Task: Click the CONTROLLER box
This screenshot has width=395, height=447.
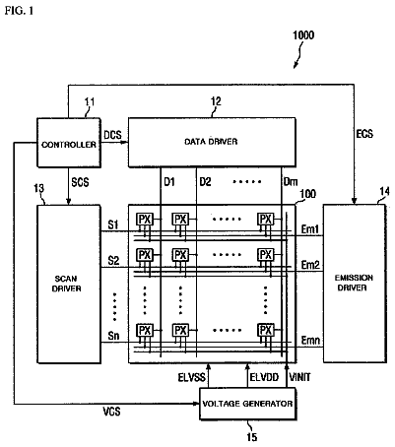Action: [69, 143]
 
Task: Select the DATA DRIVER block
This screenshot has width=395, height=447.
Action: [212, 142]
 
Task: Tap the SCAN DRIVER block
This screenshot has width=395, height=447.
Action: [69, 284]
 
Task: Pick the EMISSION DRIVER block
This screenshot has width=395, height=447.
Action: [355, 284]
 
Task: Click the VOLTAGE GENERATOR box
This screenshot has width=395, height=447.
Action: [247, 404]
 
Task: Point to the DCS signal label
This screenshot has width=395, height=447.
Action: [112, 135]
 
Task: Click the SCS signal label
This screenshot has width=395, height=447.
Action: [80, 182]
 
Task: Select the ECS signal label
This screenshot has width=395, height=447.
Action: [364, 134]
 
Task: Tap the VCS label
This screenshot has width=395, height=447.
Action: [111, 412]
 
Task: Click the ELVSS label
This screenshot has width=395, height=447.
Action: [192, 377]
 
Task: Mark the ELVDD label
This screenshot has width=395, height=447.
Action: [264, 377]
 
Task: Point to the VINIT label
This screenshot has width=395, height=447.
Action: [299, 377]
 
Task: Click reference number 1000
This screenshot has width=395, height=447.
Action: [303, 35]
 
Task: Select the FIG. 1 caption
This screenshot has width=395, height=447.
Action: [19, 11]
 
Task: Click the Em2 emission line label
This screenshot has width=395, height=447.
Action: [310, 265]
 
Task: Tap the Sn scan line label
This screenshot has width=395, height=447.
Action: [113, 336]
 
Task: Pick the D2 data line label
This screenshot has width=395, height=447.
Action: [205, 181]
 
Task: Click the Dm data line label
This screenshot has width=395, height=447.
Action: [291, 181]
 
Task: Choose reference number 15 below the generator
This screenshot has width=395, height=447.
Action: [252, 437]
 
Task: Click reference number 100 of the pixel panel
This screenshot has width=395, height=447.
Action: [307, 194]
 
